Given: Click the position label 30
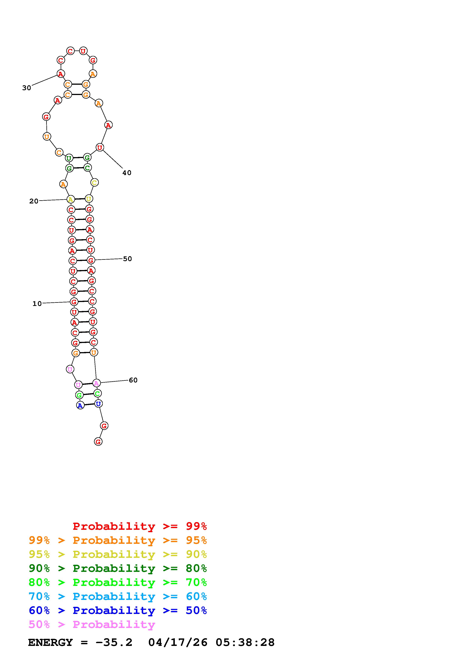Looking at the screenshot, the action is [x=27, y=88].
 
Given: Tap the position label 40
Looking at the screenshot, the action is [x=127, y=173].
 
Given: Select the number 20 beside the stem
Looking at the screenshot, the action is [x=34, y=201].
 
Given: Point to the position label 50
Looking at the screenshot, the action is [x=127, y=259].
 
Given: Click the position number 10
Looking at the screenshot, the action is [x=37, y=304].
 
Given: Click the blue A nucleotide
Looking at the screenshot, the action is [x=80, y=405].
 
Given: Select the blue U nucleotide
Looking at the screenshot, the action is [x=98, y=404].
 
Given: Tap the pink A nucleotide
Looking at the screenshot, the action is [x=96, y=383].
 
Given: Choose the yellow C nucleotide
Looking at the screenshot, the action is [x=94, y=182].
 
